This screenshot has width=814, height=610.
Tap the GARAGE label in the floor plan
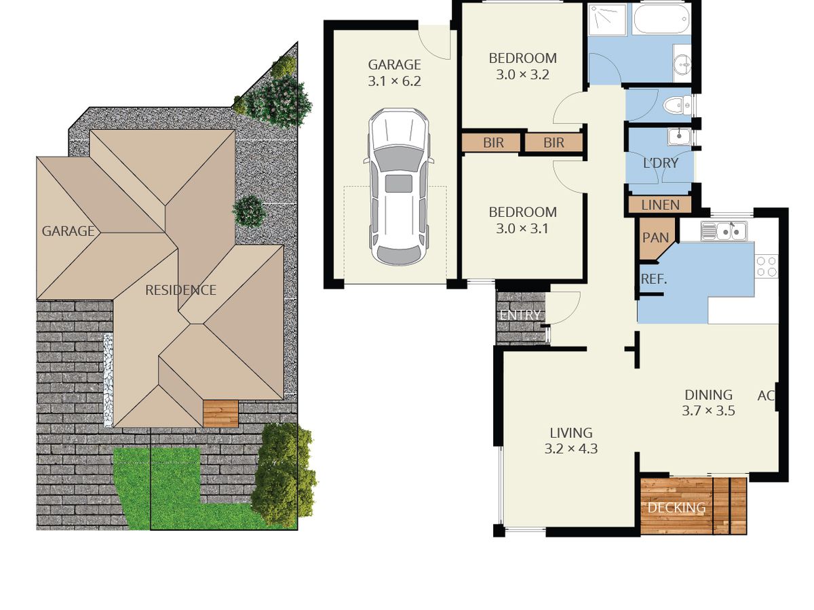(394, 65)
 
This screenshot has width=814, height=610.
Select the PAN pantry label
(655, 238)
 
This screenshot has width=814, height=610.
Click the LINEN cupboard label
(660, 205)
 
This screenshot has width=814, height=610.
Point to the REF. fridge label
(653, 279)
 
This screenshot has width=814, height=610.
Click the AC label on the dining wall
(766, 396)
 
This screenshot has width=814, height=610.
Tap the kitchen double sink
(724, 231)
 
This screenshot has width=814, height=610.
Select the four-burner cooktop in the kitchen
(767, 266)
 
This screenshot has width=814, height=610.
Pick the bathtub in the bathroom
(662, 20)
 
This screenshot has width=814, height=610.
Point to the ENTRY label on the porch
(520, 315)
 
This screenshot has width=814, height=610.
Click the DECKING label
(676, 508)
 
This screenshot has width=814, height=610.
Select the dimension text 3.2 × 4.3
(570, 448)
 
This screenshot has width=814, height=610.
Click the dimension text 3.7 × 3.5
(708, 410)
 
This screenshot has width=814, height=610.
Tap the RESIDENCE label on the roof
(180, 290)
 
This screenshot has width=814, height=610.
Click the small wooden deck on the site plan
(220, 413)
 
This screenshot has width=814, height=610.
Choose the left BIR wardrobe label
(493, 143)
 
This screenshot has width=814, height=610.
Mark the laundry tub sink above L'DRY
(678, 137)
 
